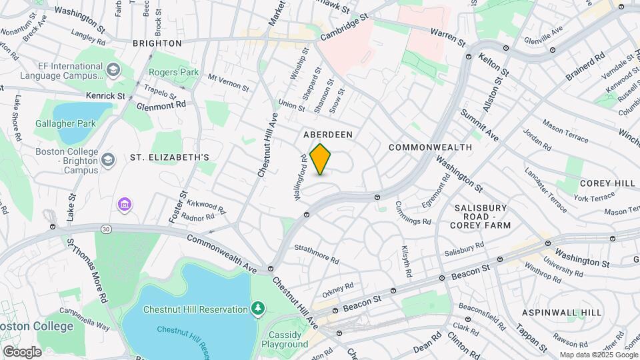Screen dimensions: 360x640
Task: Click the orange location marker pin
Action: [x=321, y=159]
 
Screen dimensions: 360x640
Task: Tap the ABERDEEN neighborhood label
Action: [x=328, y=135]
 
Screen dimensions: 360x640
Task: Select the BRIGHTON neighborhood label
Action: [x=157, y=43]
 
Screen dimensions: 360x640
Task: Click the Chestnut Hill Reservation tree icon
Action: [x=258, y=308]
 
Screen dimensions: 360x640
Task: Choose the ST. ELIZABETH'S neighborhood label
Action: [x=169, y=157]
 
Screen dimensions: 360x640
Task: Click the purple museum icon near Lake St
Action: [x=124, y=203]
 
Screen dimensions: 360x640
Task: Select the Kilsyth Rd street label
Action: [x=406, y=261]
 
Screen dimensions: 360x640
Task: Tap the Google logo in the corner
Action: [x=22, y=351]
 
